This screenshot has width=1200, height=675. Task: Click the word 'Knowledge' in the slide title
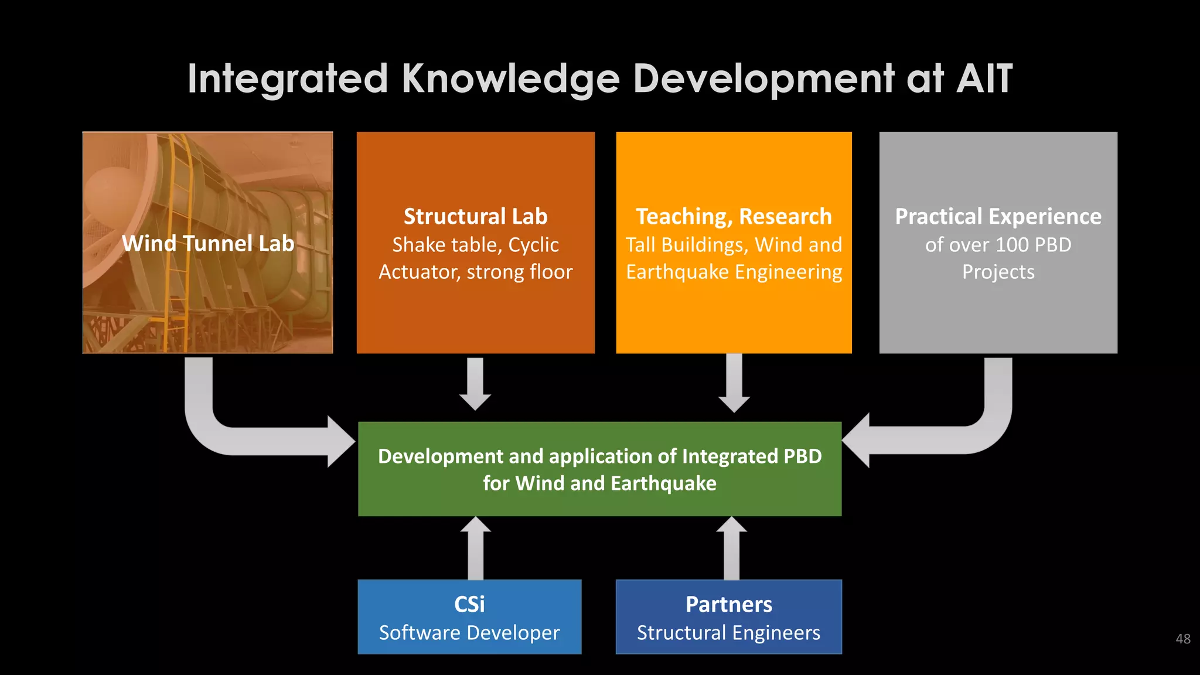[510, 79]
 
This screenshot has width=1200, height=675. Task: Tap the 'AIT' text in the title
[984, 79]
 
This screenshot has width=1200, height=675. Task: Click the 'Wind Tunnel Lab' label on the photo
[208, 243]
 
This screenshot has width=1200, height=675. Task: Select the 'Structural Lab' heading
[475, 216]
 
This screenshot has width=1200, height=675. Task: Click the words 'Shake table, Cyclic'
[475, 244]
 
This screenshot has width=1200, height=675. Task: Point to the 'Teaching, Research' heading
[734, 216]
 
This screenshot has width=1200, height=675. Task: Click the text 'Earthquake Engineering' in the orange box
[734, 272]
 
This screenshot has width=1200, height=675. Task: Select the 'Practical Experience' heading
[998, 216]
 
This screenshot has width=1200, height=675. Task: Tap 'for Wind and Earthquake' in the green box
[599, 483]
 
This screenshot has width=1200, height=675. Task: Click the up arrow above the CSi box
[475, 548]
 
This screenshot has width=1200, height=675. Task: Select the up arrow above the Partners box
[731, 548]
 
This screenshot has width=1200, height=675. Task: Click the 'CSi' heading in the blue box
[469, 604]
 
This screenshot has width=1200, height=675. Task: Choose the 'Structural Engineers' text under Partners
[728, 633]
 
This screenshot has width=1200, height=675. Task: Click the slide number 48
[1182, 639]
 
